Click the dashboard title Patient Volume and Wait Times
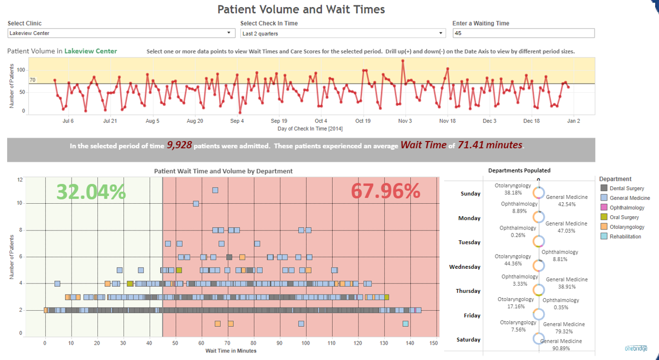point(301,9)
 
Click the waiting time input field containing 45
point(523,33)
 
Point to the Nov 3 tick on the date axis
point(405,121)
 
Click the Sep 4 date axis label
point(237,121)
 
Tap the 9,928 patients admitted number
point(179,145)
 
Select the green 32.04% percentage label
point(91,191)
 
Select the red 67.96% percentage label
point(385,191)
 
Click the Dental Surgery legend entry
point(627,188)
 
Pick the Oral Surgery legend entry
point(624,217)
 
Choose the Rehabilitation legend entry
point(625,237)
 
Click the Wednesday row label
point(464,267)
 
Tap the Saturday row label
point(468,340)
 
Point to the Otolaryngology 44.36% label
point(513,259)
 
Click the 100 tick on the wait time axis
point(305,343)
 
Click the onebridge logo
point(636,349)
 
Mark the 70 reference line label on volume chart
point(32,80)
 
